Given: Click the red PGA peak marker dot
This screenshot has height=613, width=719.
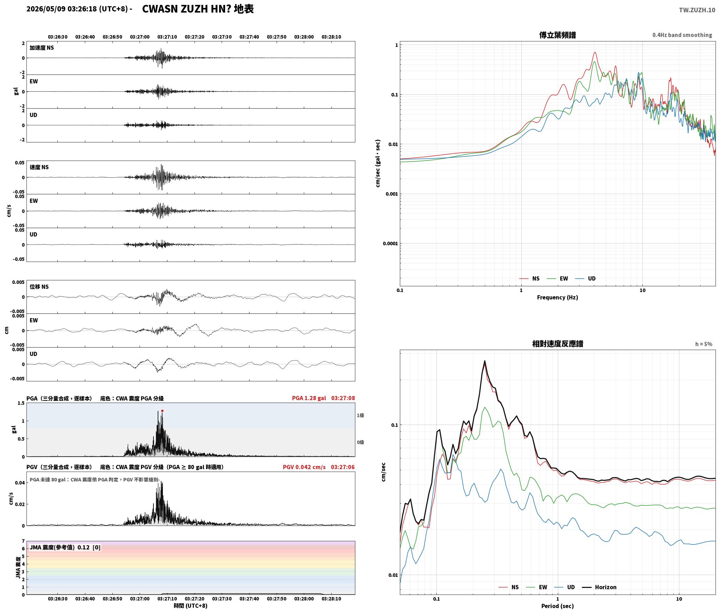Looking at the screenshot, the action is pos(162,411).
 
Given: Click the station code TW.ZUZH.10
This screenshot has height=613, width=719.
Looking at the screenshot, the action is pos(697,10).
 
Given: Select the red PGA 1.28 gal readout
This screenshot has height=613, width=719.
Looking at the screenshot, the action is pos(309,398).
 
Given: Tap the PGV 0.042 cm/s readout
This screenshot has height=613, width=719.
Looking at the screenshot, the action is pos(304,467).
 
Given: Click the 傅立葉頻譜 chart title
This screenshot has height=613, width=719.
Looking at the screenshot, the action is pos(558,35).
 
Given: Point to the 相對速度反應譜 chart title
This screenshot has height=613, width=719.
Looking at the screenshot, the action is pos(558,344).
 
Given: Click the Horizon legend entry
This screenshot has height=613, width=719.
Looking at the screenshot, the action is pos(599,587).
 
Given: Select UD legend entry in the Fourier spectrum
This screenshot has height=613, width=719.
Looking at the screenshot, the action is pos(585,278).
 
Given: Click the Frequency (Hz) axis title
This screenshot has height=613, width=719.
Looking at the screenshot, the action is pos(558,297).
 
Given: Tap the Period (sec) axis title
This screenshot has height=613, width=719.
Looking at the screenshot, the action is pos(558,606).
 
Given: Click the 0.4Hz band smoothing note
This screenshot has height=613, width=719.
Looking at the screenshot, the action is pos(682,35).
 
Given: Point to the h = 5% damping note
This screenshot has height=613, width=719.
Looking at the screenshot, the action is pos(704,344).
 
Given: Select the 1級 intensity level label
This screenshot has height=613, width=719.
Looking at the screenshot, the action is pos(360,415).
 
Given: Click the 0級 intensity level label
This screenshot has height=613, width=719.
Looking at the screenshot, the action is pos(360,442).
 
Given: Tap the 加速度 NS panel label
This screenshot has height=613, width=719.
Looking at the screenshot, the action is pos(42,48).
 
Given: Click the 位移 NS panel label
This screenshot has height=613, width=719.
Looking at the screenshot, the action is pos(39,287).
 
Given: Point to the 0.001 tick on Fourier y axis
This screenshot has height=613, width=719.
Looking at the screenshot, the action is pos(392,194).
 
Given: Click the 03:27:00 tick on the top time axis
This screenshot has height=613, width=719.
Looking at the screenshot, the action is pos(140,37).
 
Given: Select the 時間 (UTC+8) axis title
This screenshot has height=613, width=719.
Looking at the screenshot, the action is pos(191,606).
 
